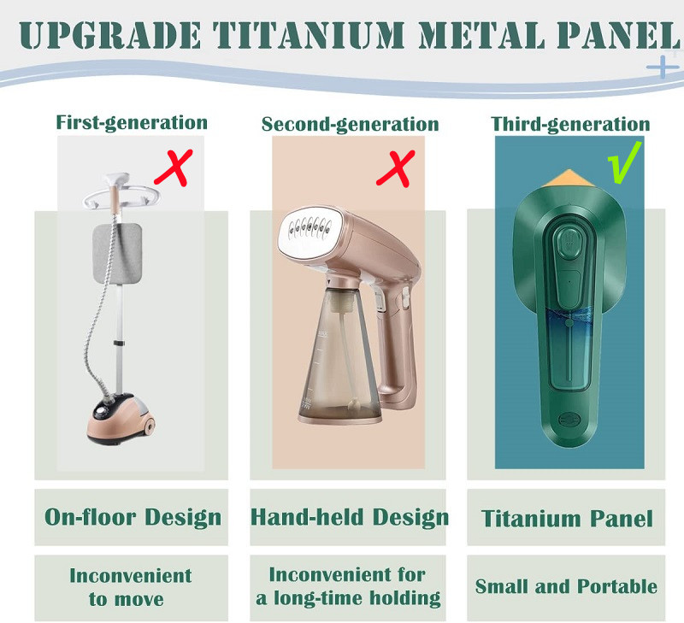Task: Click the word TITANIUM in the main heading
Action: [x=309, y=35]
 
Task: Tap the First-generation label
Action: [x=132, y=122]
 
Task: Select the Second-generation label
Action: [x=350, y=124]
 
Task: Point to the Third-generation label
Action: [x=570, y=124]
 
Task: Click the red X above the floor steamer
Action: [x=174, y=168]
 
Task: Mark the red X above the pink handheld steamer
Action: [x=396, y=168]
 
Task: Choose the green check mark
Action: [x=624, y=162]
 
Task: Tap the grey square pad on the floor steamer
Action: [x=118, y=253]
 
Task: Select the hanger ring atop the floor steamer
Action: [x=122, y=197]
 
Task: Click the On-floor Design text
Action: [x=133, y=518]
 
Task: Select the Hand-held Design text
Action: [x=350, y=518]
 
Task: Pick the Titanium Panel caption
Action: [x=567, y=519]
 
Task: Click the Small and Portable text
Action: [x=566, y=586]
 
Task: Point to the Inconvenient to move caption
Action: [x=131, y=587]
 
